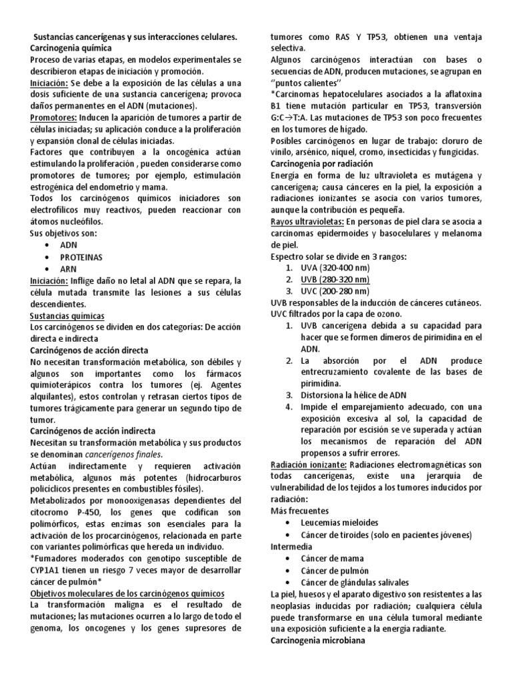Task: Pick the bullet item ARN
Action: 69,268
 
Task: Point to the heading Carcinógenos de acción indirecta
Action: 93,431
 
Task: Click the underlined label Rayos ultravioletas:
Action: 307,222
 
